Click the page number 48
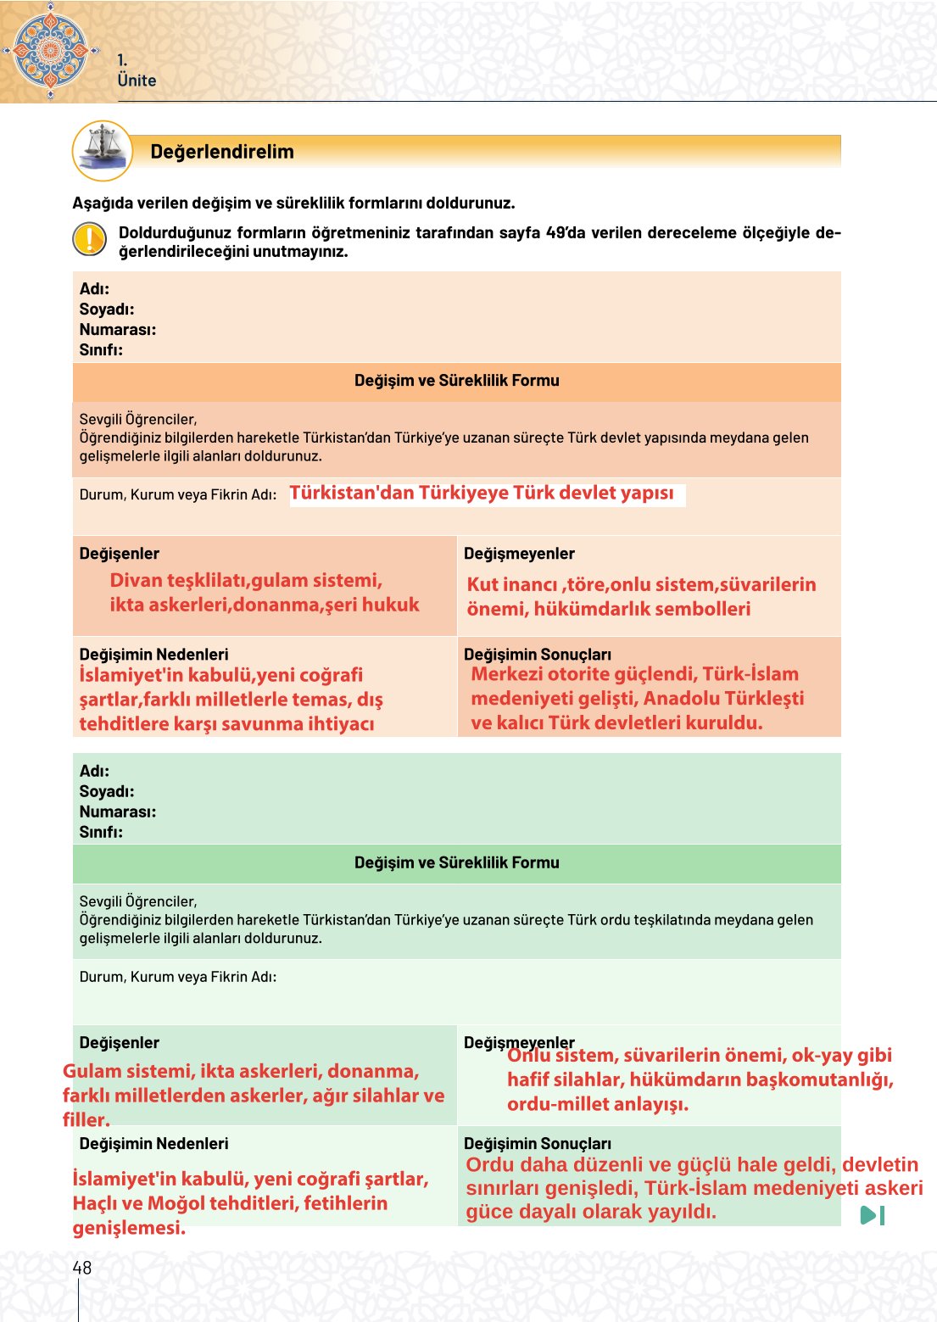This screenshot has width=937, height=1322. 81,1268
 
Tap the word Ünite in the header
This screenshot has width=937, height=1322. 137,81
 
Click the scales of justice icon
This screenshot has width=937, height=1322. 103,150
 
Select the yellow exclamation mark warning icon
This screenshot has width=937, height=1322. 89,239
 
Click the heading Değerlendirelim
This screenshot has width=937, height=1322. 221,152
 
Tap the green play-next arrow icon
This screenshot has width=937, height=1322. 872,1215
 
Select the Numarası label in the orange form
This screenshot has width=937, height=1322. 117,330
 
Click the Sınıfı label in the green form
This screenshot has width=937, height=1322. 101,832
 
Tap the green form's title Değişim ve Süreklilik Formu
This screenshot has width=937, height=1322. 456,862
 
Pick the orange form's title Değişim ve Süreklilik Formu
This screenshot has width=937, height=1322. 456,381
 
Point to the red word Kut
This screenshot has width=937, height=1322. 482,585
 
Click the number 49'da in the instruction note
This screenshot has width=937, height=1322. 566,233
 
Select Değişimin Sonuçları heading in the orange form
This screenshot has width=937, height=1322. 537,655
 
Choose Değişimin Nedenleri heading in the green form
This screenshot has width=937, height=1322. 153,1144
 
